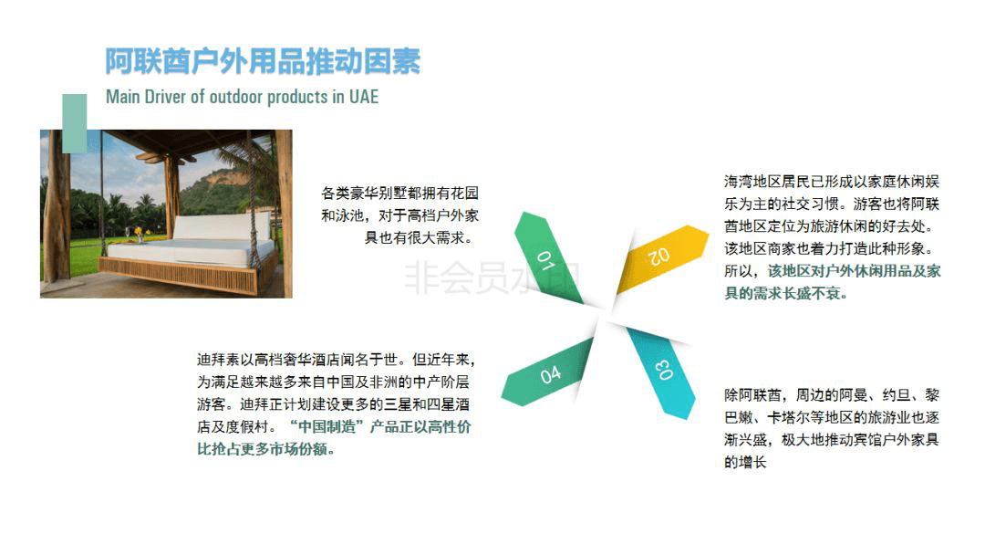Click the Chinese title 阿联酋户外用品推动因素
(x=263, y=61)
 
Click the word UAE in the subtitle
(x=364, y=97)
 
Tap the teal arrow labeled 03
(x=662, y=371)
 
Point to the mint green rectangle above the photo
(x=74, y=123)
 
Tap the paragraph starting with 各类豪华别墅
(x=400, y=215)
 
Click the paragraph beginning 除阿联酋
(x=832, y=429)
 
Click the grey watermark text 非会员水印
(x=492, y=277)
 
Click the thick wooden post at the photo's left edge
(x=57, y=207)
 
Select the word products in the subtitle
(x=297, y=97)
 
